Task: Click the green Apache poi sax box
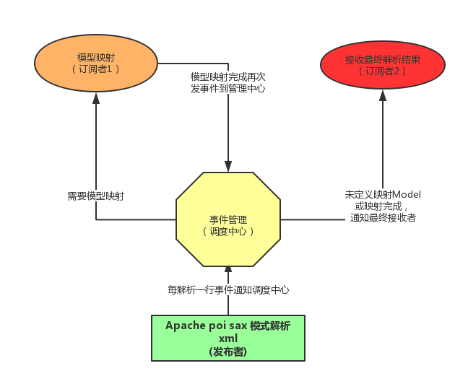pos(228,338)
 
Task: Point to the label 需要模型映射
pos(95,196)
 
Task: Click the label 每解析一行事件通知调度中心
pos(228,289)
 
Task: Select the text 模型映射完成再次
pos(228,77)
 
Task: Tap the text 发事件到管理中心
pos(228,89)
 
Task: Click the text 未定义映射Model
pos(383,195)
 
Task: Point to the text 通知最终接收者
pos(383,218)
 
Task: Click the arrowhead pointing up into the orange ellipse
pos(96,97)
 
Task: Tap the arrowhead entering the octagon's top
pos(228,167)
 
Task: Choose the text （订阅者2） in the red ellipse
pos(382,71)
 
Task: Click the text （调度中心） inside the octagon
pos(228,232)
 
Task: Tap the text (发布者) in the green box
pos(228,351)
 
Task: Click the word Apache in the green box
pos(185,326)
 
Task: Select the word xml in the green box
pos(228,339)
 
